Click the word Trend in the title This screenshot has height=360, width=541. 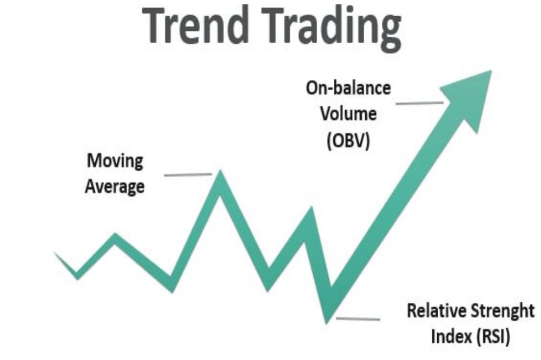(196, 25)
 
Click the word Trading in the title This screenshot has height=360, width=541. (332, 28)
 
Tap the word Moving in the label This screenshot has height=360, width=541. (115, 162)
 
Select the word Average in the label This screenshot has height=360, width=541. (115, 187)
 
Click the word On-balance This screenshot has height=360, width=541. (348, 88)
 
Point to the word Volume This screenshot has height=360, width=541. (348, 114)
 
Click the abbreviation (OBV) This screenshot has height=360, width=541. (348, 141)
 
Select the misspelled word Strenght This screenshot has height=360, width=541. (503, 311)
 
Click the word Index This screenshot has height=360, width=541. (451, 336)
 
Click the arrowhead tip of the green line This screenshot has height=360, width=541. (491, 71)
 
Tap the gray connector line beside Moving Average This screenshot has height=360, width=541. (188, 175)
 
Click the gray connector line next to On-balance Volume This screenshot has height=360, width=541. (420, 103)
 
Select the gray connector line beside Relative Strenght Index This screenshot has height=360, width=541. (358, 319)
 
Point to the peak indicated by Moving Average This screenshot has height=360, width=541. (220, 171)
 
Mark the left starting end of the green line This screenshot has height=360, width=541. (54, 252)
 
